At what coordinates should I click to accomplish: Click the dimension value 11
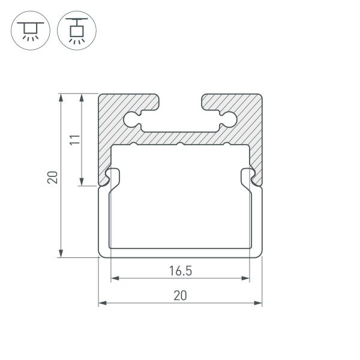pos(74,140)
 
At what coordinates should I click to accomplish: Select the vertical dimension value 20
pos(52,177)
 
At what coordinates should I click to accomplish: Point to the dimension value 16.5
pos(180,271)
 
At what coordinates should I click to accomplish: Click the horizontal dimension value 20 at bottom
pos(180,295)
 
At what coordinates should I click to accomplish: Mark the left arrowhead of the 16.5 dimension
pos(114,278)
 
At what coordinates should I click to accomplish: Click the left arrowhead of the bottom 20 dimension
pos(103,302)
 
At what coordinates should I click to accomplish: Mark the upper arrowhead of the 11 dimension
pos(82,98)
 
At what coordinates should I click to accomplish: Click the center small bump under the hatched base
pos(180,145)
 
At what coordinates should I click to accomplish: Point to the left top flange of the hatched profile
pos(129,101)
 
